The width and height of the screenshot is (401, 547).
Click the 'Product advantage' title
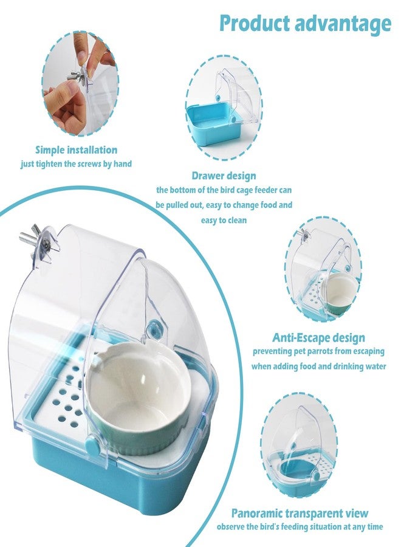click(305, 24)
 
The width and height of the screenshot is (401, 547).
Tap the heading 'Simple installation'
click(76, 150)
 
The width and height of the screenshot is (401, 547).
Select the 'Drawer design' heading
click(224, 176)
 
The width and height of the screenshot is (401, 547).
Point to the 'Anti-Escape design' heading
click(319, 337)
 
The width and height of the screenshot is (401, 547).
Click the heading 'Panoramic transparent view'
click(300, 513)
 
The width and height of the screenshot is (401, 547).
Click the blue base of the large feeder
click(115, 485)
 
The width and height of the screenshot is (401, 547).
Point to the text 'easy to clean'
click(224, 220)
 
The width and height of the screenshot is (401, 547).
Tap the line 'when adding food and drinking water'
click(319, 366)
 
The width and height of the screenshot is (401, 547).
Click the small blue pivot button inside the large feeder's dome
click(153, 328)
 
